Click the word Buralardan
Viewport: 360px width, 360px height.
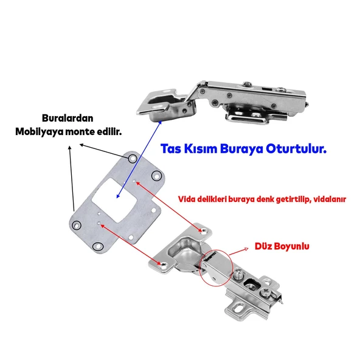click(x=67, y=118)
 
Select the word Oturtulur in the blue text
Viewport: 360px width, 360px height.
click(x=296, y=149)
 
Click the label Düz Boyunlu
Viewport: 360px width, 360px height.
click(x=282, y=246)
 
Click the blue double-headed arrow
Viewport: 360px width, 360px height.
click(x=139, y=159)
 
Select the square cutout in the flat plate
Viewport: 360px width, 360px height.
click(x=114, y=199)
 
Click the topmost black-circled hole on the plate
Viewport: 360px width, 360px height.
click(x=133, y=159)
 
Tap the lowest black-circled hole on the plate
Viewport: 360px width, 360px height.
click(x=98, y=246)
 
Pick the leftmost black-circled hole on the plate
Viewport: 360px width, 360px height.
click(x=77, y=225)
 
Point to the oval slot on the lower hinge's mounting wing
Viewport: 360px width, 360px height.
click(x=239, y=308)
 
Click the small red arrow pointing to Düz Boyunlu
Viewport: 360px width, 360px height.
click(x=239, y=251)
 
